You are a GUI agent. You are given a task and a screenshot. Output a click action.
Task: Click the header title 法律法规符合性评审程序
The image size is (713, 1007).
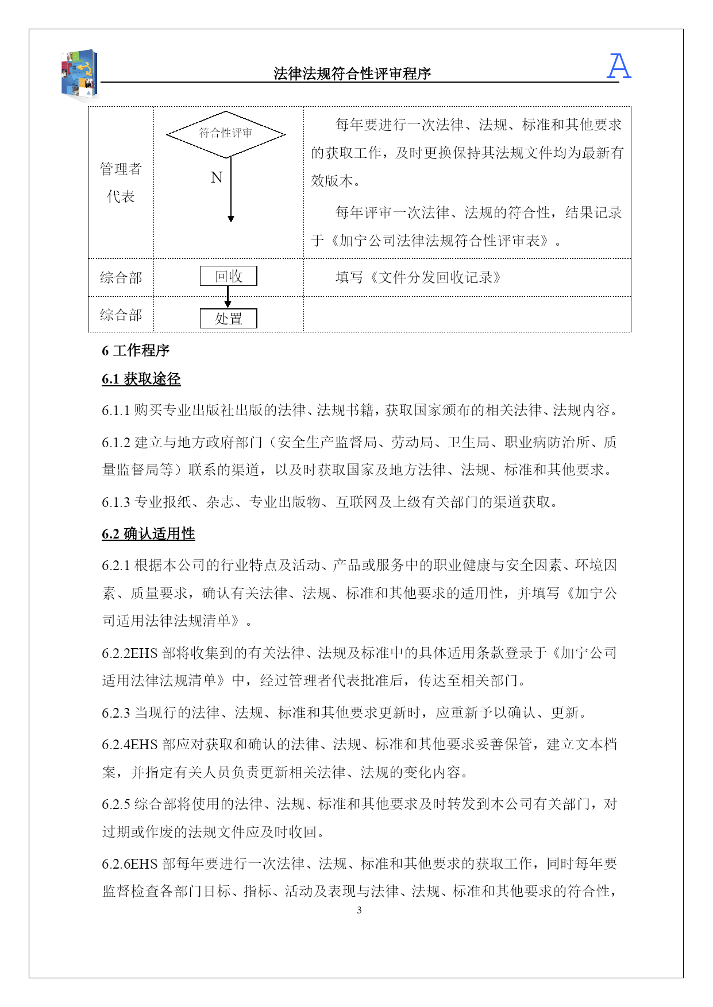(352, 73)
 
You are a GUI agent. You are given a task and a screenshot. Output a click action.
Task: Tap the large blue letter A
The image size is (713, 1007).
(619, 66)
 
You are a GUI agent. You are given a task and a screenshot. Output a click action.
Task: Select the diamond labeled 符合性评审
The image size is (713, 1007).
(226, 134)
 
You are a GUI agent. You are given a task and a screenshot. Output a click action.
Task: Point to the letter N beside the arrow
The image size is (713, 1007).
(217, 177)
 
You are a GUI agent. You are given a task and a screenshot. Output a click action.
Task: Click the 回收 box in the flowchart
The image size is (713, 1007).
(228, 276)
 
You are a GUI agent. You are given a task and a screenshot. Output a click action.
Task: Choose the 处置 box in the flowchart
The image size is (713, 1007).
(228, 319)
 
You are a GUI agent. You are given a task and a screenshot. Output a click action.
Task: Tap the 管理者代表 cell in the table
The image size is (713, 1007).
(121, 183)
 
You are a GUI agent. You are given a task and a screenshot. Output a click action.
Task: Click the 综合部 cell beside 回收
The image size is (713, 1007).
(121, 278)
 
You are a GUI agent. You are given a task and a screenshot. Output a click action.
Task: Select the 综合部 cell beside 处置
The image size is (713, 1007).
(121, 315)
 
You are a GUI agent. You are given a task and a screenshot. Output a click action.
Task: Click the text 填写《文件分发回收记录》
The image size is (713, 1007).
(418, 278)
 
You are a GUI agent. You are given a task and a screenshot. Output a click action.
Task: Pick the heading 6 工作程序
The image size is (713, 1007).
(136, 350)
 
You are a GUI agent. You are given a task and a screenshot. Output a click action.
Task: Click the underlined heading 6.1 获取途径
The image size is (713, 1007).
(141, 379)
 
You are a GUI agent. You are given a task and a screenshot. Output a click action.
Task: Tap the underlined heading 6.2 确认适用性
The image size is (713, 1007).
(148, 534)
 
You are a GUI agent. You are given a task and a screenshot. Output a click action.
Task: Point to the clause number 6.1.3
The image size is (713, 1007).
(116, 502)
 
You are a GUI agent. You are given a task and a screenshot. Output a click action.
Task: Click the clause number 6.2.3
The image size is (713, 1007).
(116, 713)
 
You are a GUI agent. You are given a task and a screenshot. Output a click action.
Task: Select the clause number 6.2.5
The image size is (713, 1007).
(116, 804)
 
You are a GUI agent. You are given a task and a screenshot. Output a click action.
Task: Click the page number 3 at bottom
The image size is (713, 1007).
(359, 910)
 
